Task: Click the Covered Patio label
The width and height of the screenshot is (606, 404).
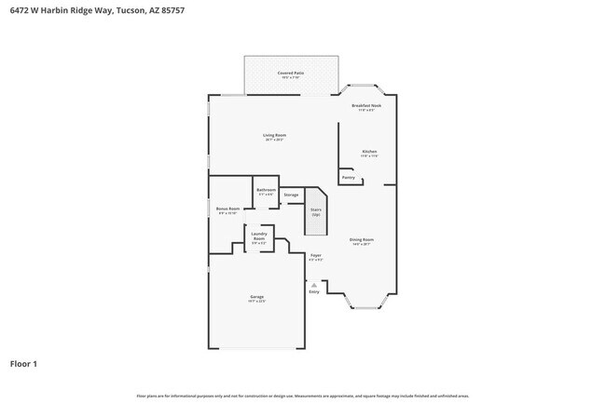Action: [x=290, y=73]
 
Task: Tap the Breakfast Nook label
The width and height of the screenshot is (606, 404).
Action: [x=365, y=106]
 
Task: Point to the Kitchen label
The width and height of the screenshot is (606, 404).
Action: [x=369, y=152]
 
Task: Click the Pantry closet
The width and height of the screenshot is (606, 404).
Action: [x=349, y=177]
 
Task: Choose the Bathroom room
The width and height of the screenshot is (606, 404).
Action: [x=266, y=192]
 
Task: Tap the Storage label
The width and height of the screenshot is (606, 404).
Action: [x=291, y=195]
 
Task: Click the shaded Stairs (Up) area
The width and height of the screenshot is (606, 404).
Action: [x=316, y=213]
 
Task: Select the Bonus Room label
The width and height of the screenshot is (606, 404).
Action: [x=227, y=209]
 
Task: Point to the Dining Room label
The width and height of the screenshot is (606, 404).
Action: [x=362, y=240]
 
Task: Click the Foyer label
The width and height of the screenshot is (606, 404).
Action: [x=316, y=255]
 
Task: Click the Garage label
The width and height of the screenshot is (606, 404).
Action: [x=255, y=298]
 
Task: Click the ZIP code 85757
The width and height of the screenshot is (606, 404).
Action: [x=170, y=11]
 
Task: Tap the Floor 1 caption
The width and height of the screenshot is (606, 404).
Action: [x=23, y=363]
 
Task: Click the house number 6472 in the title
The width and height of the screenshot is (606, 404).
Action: [x=19, y=11]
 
